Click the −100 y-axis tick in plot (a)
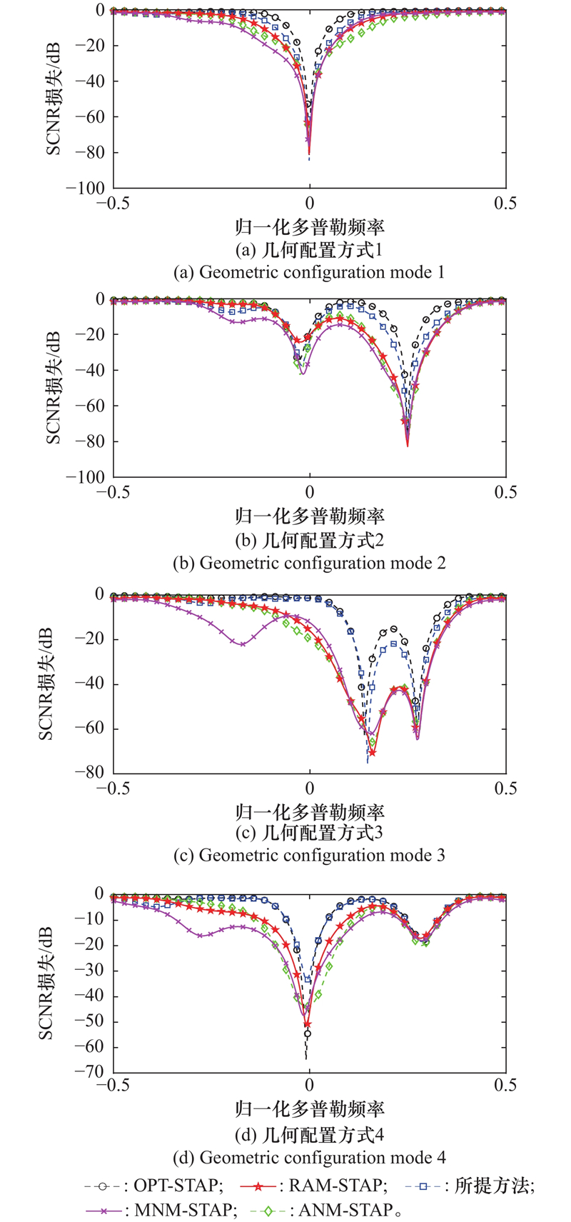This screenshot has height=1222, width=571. click(85, 188)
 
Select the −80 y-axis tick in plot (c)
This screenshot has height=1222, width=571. click(90, 773)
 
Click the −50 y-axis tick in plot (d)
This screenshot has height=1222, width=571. click(90, 1022)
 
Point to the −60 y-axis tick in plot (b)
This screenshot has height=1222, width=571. click(90, 406)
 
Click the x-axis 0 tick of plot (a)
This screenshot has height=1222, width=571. click(310, 204)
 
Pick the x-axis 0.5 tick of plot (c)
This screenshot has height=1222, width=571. click(505, 788)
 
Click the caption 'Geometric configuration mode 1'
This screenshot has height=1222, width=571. click(309, 272)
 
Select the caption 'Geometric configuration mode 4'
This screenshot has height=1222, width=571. click(309, 1157)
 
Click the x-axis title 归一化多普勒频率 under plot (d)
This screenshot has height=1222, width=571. click(310, 1109)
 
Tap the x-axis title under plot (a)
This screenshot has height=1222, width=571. click(310, 227)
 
